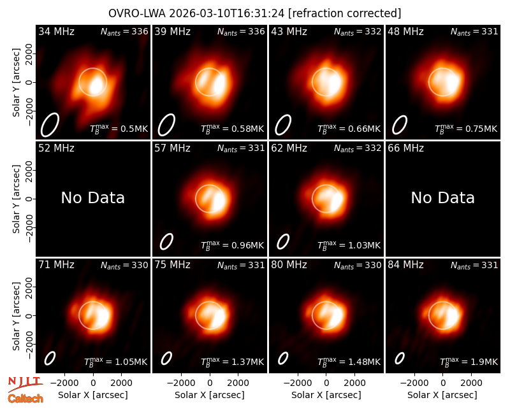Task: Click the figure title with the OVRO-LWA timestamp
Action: [x=254, y=13]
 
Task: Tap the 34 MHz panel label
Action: [x=56, y=31]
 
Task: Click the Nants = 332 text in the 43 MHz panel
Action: [x=358, y=32]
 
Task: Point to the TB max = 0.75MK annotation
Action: [x=466, y=129]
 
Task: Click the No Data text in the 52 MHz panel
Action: [x=92, y=197]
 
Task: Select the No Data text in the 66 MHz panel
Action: [x=442, y=197]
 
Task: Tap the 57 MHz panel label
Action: [x=172, y=148]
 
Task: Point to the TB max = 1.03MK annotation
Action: [x=349, y=245]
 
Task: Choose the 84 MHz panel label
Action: [x=405, y=265]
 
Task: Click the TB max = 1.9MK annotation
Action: [x=469, y=362]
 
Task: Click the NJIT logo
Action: [x=25, y=383]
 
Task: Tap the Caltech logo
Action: [x=25, y=399]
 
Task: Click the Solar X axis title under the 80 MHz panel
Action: [x=326, y=395]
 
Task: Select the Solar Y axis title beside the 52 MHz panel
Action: [x=16, y=199]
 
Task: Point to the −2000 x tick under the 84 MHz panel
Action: [x=414, y=383]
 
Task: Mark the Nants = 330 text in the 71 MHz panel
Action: [x=124, y=266]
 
